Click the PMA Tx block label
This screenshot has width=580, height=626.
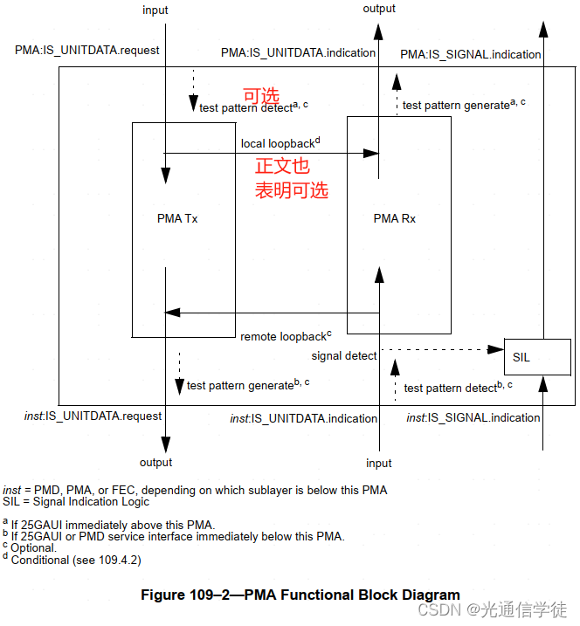[177, 218]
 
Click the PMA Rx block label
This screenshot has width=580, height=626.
[394, 218]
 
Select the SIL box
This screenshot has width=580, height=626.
[537, 357]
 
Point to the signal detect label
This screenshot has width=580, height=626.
[344, 356]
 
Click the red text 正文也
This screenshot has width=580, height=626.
[282, 167]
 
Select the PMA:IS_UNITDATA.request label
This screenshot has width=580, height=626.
[87, 50]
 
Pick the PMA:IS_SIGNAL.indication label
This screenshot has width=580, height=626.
[471, 54]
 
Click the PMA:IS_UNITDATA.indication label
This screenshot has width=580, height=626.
[298, 53]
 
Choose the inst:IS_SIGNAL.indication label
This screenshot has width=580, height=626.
[473, 418]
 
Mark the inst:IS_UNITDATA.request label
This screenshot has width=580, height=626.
[93, 417]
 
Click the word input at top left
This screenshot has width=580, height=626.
[155, 10]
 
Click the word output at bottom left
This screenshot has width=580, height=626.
[155, 463]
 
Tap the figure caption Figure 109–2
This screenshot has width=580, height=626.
[300, 595]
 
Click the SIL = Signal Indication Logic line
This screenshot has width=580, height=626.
[76, 502]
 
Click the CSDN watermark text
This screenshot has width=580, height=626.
[492, 609]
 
